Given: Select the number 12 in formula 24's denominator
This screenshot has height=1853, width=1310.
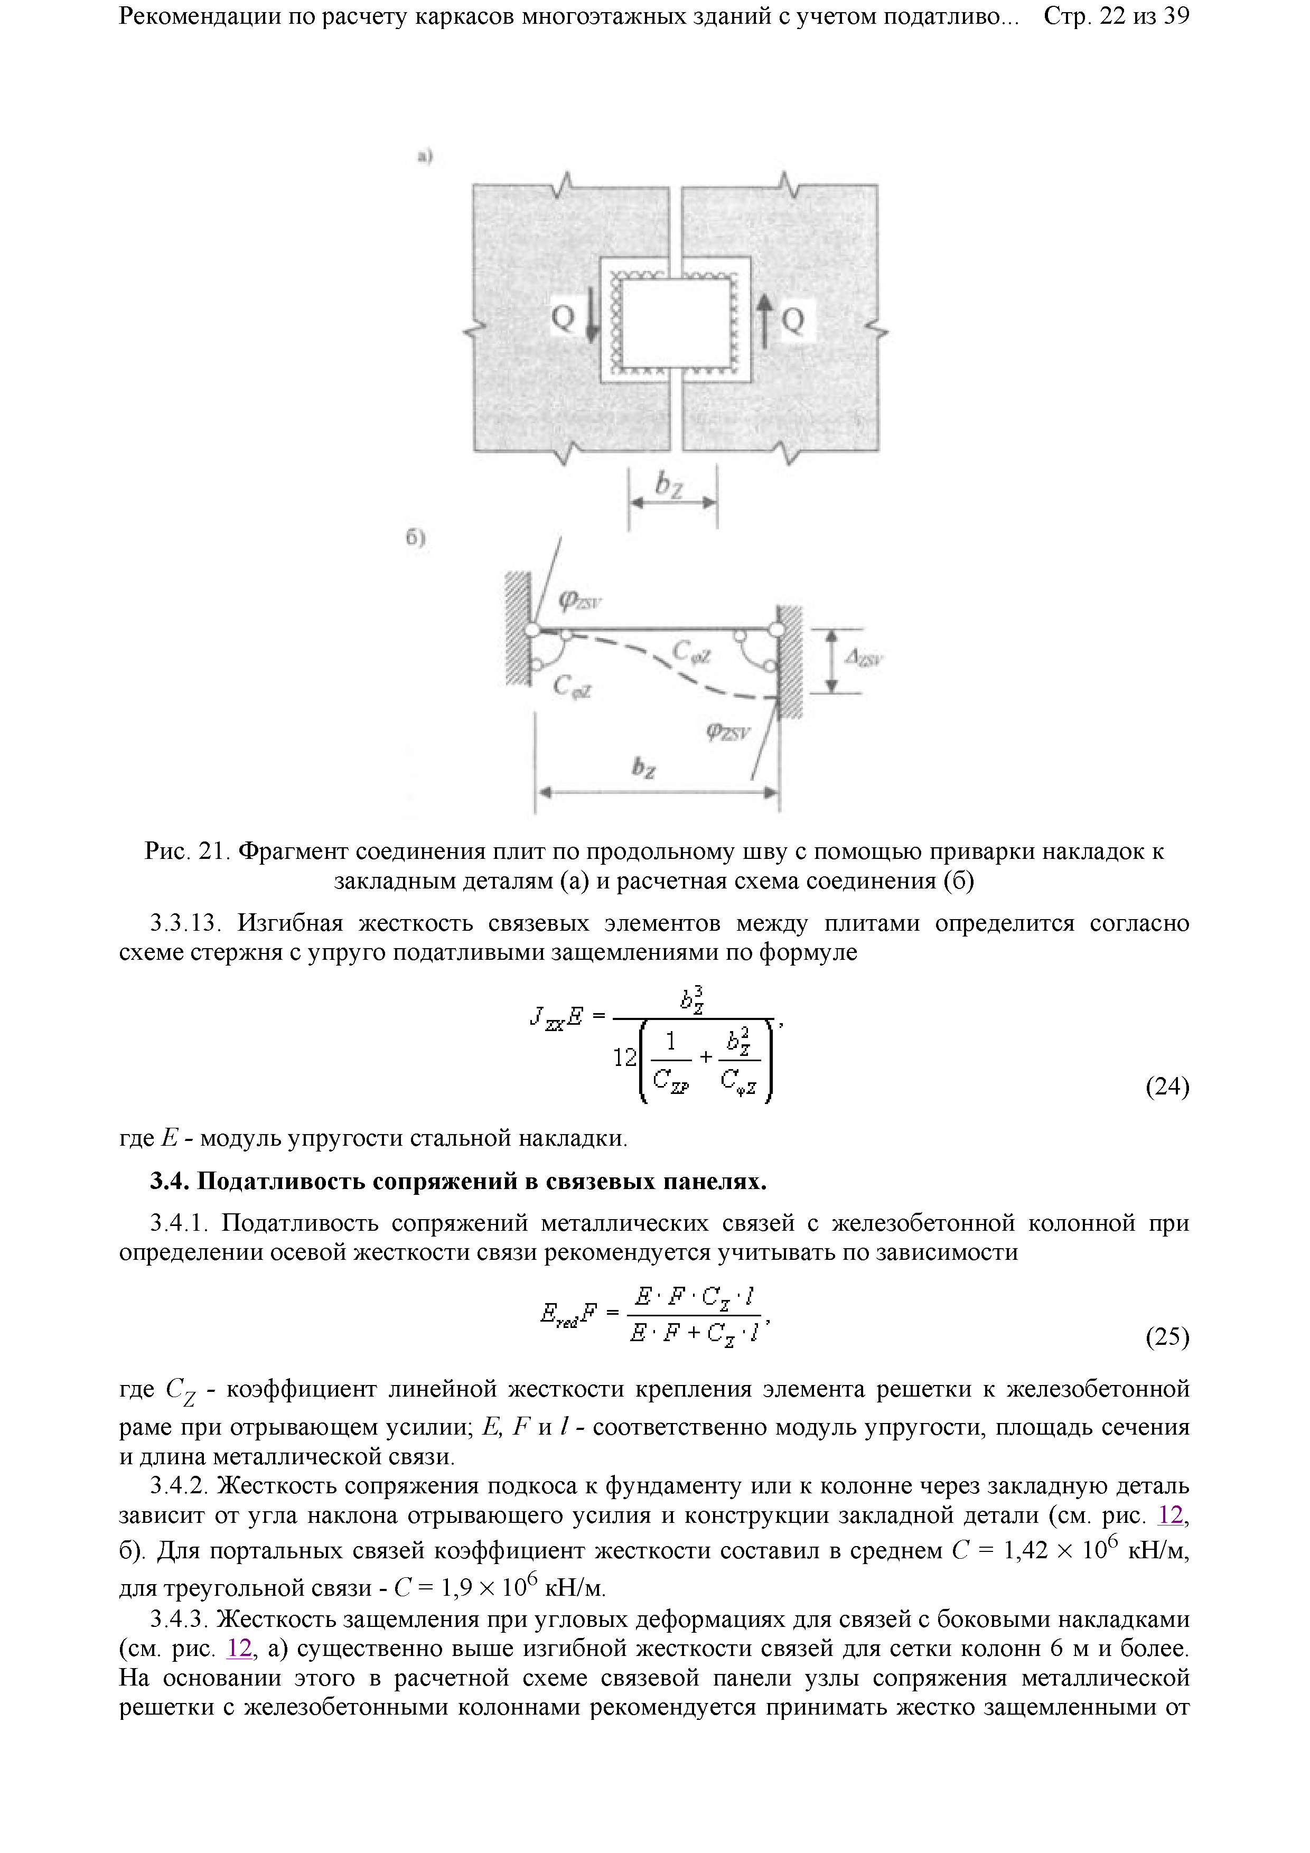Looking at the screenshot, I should pos(625,1057).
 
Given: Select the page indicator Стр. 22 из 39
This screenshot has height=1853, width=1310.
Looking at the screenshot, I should pos(1116,16).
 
